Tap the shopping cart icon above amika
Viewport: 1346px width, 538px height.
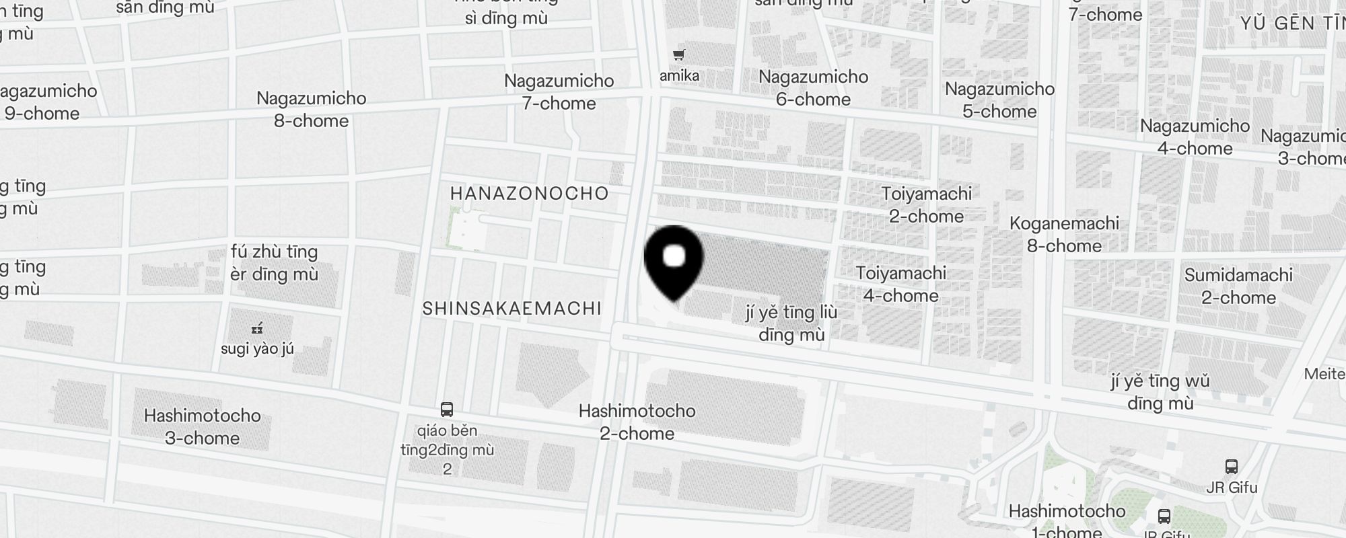tap(679, 55)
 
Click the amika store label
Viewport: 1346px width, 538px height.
tap(679, 75)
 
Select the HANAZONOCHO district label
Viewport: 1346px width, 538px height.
tap(530, 194)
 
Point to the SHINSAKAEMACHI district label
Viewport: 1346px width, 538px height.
tap(511, 309)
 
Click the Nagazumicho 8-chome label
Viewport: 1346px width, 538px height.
tap(312, 110)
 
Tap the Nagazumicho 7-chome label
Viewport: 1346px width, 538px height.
tap(559, 92)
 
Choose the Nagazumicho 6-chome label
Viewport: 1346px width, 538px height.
tap(813, 88)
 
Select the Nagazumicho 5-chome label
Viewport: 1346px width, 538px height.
tap(999, 100)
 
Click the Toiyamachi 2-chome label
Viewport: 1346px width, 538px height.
tap(927, 205)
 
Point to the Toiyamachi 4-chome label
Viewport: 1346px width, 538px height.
tap(900, 284)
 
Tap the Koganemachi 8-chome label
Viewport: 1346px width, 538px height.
tap(1064, 235)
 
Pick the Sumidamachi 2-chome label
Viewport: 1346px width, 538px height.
tap(1238, 286)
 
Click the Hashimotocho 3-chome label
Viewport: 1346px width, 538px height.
tap(202, 427)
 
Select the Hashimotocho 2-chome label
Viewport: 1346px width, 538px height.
tap(637, 422)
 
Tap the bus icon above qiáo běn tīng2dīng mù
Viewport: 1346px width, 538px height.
tap(447, 409)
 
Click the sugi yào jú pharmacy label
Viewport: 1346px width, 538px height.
tap(257, 349)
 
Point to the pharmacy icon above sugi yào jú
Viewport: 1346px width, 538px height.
tap(256, 329)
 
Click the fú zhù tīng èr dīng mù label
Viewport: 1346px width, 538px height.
tap(274, 263)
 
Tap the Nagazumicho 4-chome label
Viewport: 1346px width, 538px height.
tap(1195, 137)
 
